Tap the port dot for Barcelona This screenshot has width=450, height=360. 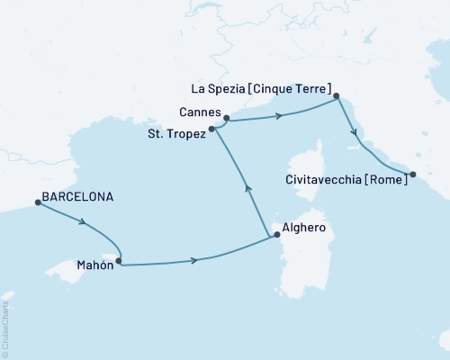[38, 202]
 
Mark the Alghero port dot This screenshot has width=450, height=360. [276, 235]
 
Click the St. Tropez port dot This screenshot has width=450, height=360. [212, 130]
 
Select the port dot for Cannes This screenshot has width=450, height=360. [226, 117]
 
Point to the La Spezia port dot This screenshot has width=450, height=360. [336, 95]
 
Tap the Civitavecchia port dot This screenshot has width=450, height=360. [412, 175]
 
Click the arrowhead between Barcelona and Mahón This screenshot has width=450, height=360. [83, 221]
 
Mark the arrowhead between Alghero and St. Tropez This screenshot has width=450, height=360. [248, 188]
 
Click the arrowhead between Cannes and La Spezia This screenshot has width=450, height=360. [281, 115]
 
